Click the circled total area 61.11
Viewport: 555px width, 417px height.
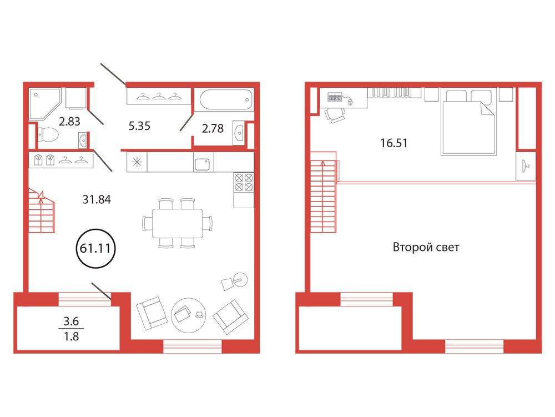coord(95,248)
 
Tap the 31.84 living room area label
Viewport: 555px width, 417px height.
coord(97,200)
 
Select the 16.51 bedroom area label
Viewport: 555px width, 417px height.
coord(393,143)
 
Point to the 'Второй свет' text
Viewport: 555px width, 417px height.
coord(426,247)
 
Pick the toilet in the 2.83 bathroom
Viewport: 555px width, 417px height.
coord(48,134)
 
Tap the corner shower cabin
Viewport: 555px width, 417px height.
coord(45,104)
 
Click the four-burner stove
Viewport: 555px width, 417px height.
coord(244,182)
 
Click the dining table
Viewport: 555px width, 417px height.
coord(178,223)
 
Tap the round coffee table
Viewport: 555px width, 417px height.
coord(189,315)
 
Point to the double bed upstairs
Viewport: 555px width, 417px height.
coord(468,122)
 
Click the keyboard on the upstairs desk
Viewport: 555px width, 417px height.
coord(335,97)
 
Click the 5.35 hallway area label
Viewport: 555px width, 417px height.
coord(139,125)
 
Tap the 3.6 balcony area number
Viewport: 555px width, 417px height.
coord(71,321)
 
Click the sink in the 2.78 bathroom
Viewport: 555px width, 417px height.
coord(239,133)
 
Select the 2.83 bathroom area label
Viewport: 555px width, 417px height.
coord(69,122)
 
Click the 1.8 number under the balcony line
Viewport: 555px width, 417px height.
coord(71,336)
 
